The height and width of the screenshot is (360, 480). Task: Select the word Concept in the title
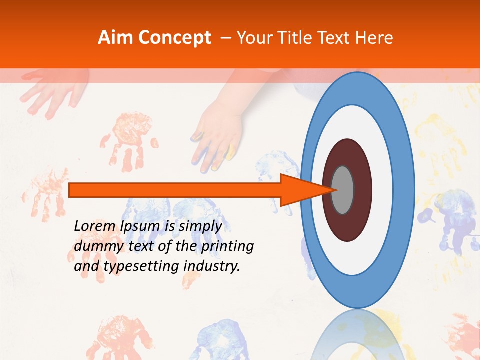[x=174, y=38]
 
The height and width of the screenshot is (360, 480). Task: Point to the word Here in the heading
[x=374, y=38]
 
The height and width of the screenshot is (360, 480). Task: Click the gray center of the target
[x=343, y=190]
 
